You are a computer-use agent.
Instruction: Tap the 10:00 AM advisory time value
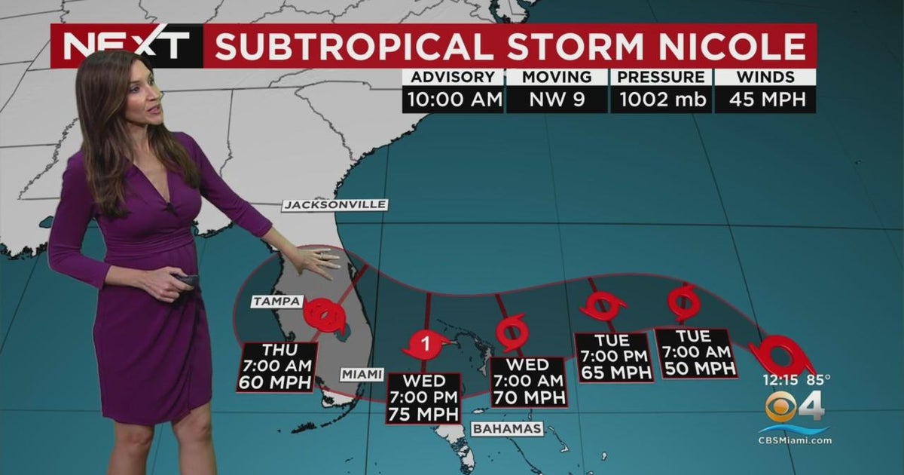tap(452, 99)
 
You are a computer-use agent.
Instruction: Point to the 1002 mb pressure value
tap(661, 99)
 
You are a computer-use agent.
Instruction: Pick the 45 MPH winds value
tap(765, 99)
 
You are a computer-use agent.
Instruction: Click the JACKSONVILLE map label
tap(334, 205)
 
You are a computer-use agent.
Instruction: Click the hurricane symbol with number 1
tap(426, 345)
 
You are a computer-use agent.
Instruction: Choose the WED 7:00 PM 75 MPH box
tap(424, 398)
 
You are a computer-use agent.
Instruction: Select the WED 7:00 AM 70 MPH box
tap(527, 382)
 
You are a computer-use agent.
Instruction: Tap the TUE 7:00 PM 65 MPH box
tap(614, 356)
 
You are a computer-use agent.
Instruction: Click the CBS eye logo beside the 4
tap(782, 407)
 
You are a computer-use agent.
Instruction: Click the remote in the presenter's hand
tap(186, 280)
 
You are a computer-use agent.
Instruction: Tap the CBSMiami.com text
tap(795, 440)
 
